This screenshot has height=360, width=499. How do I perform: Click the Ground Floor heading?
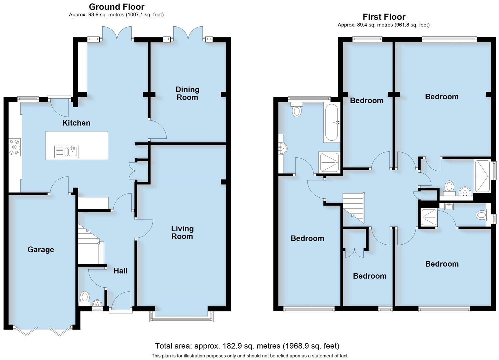[117, 7]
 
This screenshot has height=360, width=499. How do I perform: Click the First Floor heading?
[384, 17]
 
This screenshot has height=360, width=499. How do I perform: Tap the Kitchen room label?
[76, 123]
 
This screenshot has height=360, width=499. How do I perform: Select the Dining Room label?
[187, 93]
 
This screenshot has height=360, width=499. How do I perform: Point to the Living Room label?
[182, 232]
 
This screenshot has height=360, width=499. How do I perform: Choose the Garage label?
[41, 250]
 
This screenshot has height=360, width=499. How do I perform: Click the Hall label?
[121, 271]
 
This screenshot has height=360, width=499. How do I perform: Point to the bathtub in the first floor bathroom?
[331, 122]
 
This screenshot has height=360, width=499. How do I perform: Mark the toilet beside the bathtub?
[296, 110]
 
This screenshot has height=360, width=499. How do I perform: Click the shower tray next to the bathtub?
[329, 163]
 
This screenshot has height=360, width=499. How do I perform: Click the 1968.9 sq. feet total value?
[311, 346]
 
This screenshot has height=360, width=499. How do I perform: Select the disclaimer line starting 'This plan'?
[249, 356]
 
